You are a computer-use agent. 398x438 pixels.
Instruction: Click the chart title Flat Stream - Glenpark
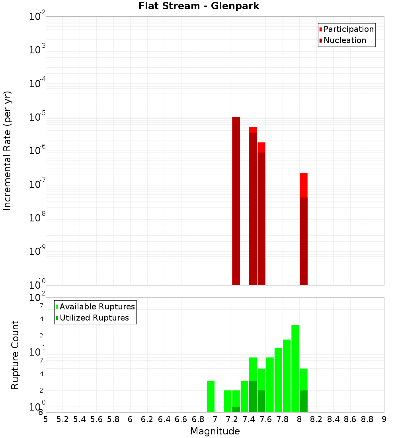(x=199, y=6)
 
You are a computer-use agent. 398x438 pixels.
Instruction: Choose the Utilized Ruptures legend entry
(x=94, y=318)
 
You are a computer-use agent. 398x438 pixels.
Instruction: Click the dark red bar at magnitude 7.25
(x=236, y=201)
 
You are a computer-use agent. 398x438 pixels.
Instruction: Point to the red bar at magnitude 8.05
(x=304, y=185)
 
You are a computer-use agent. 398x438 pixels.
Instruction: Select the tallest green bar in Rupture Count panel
(x=295, y=369)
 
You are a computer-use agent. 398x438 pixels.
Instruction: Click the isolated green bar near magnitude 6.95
(x=211, y=396)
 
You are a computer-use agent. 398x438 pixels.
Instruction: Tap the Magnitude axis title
(x=215, y=431)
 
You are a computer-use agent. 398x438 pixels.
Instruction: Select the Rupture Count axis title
(x=15, y=355)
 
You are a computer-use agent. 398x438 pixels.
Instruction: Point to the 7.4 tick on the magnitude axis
(x=249, y=419)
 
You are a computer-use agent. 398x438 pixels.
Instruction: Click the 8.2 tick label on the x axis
(x=316, y=419)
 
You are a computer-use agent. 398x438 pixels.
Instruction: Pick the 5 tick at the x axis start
(x=46, y=419)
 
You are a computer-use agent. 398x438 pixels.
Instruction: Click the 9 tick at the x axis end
(x=384, y=419)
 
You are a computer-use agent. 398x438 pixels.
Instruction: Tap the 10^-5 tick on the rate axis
(x=37, y=117)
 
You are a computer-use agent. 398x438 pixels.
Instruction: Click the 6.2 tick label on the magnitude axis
(x=147, y=419)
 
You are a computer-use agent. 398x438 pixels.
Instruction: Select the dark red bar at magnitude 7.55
(x=261, y=219)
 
